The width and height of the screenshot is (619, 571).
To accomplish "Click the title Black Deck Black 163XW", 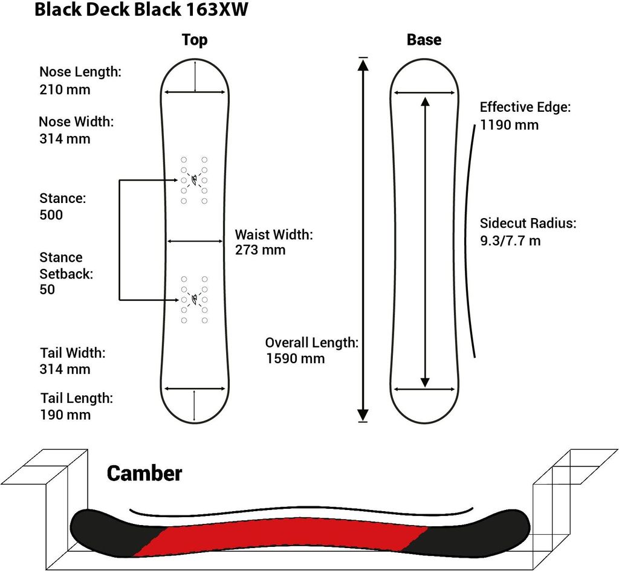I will click(x=141, y=10).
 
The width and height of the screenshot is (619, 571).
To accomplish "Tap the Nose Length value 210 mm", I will click(x=65, y=89).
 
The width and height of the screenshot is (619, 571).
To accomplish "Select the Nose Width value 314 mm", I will click(x=65, y=138).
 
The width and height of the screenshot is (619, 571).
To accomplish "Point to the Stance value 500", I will click(x=51, y=215).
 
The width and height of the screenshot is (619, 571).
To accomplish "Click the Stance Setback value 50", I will click(x=47, y=289).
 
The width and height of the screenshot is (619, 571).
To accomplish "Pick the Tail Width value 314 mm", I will click(x=65, y=369).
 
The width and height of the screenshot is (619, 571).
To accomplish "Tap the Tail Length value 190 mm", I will click(x=65, y=415).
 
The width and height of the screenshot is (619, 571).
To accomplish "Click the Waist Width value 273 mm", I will click(x=260, y=250).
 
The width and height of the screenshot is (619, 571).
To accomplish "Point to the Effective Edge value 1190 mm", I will click(x=509, y=125).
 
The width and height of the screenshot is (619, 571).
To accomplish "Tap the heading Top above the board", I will click(x=195, y=40).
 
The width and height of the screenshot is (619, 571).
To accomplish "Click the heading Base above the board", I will click(x=424, y=40).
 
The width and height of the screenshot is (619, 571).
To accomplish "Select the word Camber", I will click(x=144, y=473).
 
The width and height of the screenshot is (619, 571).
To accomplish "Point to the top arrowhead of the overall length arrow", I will click(x=363, y=65).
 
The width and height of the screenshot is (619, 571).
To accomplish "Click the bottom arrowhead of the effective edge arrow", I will click(x=425, y=382).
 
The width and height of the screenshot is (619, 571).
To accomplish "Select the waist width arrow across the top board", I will click(x=195, y=241).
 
